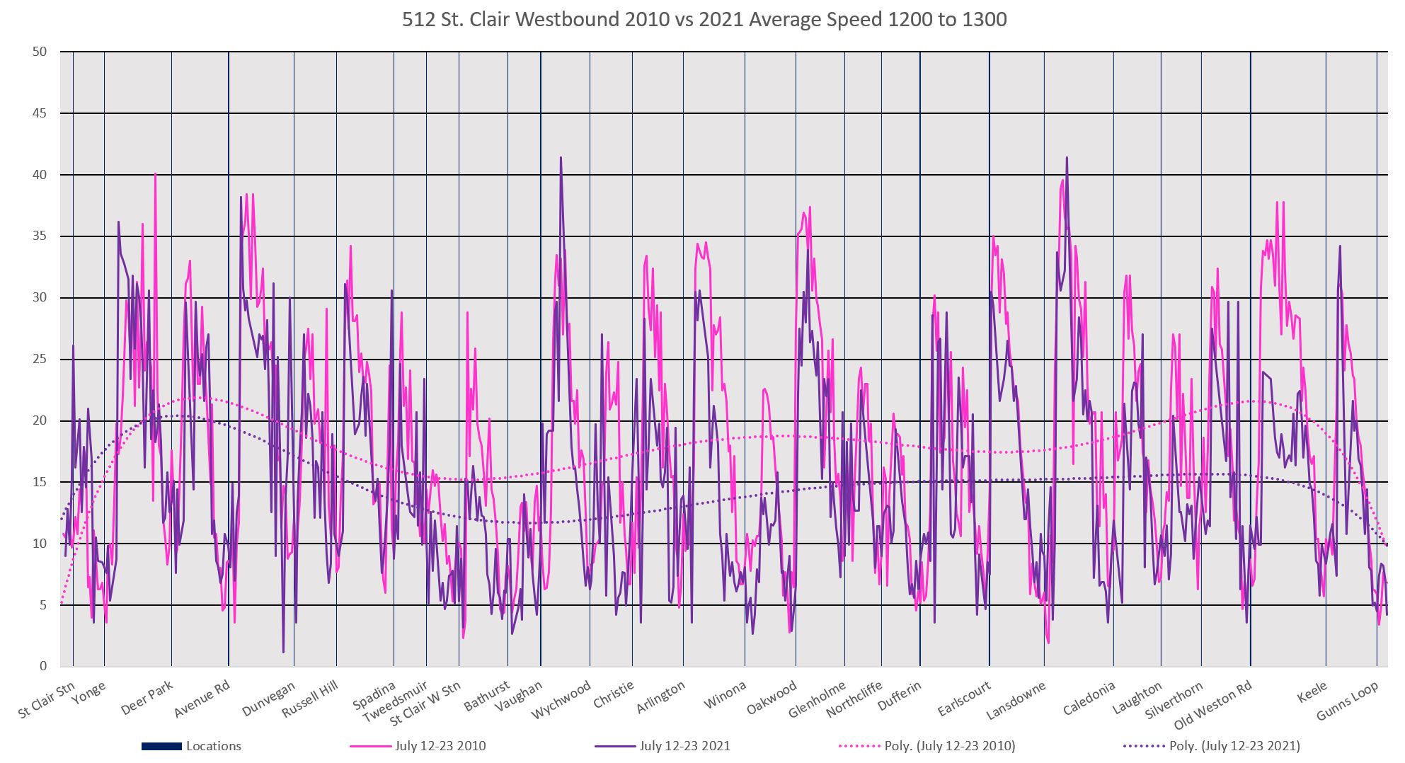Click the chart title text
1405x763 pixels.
coord(704,19)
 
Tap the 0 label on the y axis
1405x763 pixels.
coord(43,667)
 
